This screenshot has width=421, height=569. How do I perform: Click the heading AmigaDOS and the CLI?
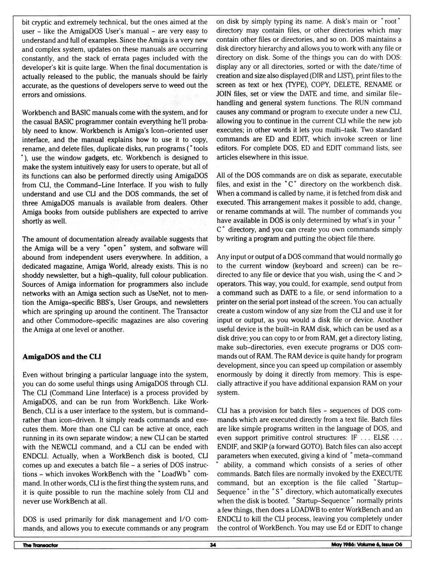(x=62, y=357)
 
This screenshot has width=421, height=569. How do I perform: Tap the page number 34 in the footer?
(x=213, y=545)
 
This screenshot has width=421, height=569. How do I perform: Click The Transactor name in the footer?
(x=40, y=545)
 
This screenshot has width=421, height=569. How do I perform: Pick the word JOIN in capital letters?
(x=224, y=93)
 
